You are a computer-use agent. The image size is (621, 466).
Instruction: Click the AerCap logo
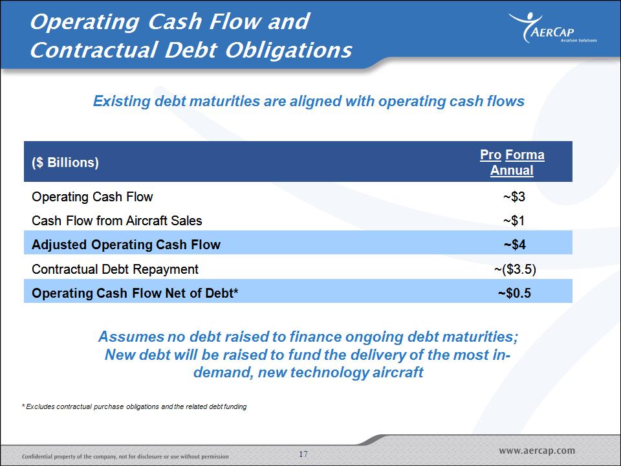point(553,28)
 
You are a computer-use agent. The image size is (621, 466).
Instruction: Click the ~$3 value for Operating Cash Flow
point(514,197)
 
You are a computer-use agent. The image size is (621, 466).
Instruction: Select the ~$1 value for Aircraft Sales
point(514,220)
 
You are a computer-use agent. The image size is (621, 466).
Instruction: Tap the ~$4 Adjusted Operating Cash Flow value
point(514,245)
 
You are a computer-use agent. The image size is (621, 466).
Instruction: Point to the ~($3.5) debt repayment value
point(515,269)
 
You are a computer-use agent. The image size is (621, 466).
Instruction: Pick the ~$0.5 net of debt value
point(514,293)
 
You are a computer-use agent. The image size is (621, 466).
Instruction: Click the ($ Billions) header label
point(65,162)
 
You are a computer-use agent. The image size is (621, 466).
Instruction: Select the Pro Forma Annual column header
point(512,162)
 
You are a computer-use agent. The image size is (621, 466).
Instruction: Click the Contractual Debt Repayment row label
point(115,269)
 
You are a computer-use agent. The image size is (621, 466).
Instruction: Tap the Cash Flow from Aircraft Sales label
point(117,221)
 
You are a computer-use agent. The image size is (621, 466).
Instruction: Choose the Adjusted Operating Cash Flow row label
point(126,245)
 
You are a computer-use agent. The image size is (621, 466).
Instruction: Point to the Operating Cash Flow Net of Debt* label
point(135,293)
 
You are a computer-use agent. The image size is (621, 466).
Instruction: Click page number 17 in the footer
point(303,454)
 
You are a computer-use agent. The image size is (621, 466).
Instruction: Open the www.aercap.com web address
point(537,450)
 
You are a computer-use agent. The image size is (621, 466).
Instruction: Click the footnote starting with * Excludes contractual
point(135,406)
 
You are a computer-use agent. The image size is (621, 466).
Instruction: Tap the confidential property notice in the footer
point(125,456)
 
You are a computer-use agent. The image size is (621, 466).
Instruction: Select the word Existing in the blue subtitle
point(122,102)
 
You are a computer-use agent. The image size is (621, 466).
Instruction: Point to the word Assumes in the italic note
point(131,337)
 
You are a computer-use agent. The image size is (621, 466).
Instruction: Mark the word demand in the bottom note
point(224,373)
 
